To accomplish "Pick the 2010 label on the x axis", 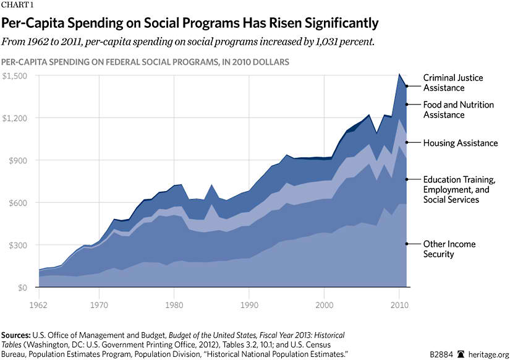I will point(399,304).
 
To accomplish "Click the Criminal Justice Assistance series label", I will point(453,83).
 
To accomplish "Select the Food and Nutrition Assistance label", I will point(458,109).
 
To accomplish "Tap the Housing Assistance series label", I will point(460,143).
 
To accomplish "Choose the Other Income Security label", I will point(449,249).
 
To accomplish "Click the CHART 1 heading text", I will point(17,6).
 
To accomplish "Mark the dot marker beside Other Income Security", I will point(406,244).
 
